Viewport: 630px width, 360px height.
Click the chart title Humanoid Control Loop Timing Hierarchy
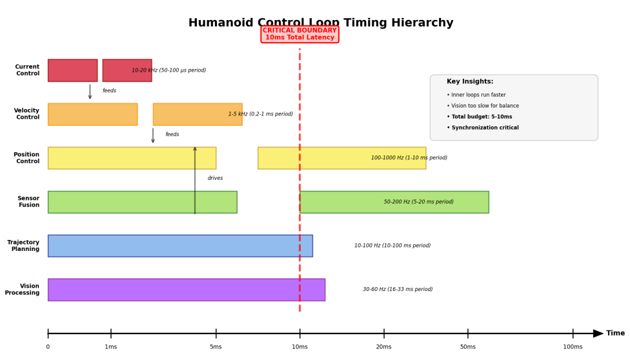click(321, 23)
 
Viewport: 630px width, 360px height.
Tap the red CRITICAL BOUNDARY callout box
click(300, 34)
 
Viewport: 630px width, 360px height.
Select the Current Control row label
click(27, 70)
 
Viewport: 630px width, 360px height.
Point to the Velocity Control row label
click(26, 114)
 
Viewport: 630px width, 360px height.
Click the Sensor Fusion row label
click(28, 201)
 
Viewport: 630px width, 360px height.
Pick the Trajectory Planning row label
click(23, 246)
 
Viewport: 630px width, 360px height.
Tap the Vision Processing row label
click(22, 289)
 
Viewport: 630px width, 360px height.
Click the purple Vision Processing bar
click(187, 290)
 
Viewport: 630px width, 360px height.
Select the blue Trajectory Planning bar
click(180, 246)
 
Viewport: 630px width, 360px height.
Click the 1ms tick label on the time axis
click(111, 346)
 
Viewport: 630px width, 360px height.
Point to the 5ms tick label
click(216, 346)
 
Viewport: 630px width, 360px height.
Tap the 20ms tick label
click(383, 346)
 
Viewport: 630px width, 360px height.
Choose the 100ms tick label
click(573, 346)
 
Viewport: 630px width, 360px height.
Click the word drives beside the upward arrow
click(215, 178)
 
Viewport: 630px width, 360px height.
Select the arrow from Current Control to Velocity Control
click(90, 92)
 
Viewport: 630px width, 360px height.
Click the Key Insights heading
click(470, 81)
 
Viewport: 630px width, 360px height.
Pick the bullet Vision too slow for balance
click(483, 106)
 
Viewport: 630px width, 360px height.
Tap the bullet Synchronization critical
click(483, 127)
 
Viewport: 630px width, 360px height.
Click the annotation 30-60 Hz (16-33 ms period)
click(398, 289)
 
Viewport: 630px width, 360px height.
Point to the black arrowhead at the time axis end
click(598, 334)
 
